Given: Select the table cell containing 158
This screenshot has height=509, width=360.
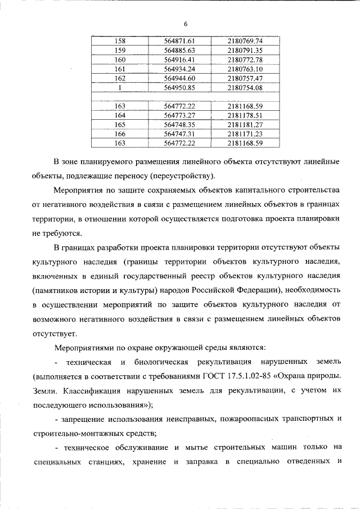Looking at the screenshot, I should pyautogui.click(x=120, y=41).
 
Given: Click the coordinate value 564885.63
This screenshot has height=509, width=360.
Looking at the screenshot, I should pyautogui.click(x=179, y=50).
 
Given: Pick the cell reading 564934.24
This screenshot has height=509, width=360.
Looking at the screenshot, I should pyautogui.click(x=179, y=69).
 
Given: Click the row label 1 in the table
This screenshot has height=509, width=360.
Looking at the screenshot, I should pyautogui.click(x=120, y=87).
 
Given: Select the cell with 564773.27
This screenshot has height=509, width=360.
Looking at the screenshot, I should pyautogui.click(x=179, y=115).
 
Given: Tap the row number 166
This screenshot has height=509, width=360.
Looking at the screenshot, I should pyautogui.click(x=120, y=134).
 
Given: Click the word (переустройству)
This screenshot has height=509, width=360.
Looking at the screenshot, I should pyautogui.click(x=182, y=175).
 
